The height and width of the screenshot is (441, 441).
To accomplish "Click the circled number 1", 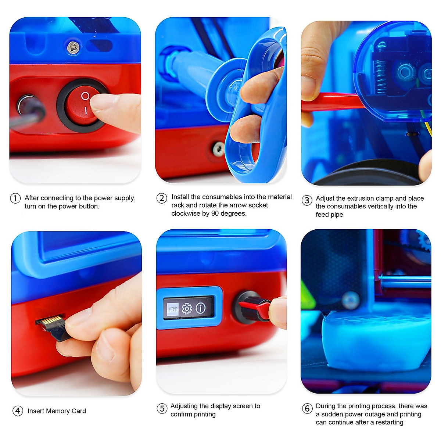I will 15,198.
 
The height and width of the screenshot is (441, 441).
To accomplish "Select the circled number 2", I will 162,198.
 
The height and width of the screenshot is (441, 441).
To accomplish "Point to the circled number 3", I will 307,200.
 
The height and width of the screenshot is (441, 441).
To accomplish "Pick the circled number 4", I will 18,411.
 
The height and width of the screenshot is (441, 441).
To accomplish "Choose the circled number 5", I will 162,408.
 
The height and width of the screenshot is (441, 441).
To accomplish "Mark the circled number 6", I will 307,408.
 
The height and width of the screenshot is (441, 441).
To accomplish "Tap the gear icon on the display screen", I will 187,309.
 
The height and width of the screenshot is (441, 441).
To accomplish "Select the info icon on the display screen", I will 201,308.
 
